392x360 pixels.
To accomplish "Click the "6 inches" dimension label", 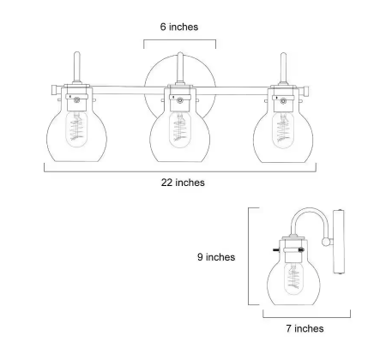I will pos(179,27).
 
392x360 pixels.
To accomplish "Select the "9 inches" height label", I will pos(215,256).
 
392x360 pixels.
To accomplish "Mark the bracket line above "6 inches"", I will pos(179,40).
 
